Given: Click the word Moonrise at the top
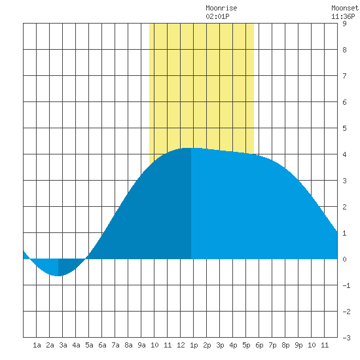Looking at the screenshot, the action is click(x=221, y=8).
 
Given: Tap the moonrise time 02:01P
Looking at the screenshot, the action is click(x=217, y=16).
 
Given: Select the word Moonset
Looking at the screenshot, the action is click(x=345, y=8).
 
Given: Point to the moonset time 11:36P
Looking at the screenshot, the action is click(x=343, y=16).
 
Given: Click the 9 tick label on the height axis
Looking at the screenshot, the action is click(x=344, y=24).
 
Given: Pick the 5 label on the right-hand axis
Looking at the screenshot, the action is click(x=344, y=128).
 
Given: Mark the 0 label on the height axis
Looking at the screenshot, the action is click(x=344, y=259).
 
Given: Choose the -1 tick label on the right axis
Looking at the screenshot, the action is click(x=346, y=285).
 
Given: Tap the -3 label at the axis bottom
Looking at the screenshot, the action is click(x=346, y=338).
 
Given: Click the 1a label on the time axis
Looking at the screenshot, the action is click(x=37, y=345).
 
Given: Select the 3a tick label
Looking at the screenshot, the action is click(x=63, y=345).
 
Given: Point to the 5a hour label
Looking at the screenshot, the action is click(x=89, y=345).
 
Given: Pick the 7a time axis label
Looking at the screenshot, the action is click(x=115, y=345).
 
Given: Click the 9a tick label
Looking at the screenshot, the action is click(x=141, y=345).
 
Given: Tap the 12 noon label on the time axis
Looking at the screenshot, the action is click(x=181, y=345).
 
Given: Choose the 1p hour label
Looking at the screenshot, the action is click(x=194, y=345).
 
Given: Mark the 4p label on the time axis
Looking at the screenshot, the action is click(x=233, y=345).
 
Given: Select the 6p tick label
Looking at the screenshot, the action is click(x=259, y=345).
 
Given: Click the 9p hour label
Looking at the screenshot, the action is click(x=298, y=345).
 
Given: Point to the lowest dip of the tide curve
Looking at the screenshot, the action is click(x=58, y=276).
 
